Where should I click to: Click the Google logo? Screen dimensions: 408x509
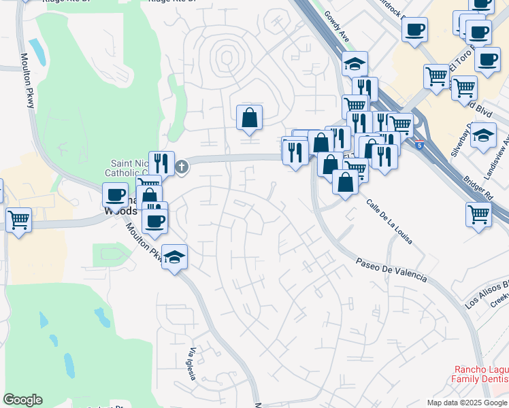point(23,400)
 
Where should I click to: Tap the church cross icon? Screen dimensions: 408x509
point(182,167)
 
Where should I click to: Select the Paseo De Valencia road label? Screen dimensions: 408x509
point(393,269)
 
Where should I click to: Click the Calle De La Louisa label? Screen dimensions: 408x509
point(389,222)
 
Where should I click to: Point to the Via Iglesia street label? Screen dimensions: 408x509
point(193,364)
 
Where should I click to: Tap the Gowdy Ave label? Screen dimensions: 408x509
point(337,27)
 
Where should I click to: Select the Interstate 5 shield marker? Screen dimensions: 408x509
point(419,144)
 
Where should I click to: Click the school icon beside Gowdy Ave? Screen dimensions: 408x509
point(354,65)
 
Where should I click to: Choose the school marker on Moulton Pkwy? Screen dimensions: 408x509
point(175,257)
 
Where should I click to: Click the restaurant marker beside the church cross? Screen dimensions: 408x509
point(161,163)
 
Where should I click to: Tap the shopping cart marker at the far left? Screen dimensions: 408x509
point(18,220)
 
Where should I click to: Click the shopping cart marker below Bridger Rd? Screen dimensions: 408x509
point(479,214)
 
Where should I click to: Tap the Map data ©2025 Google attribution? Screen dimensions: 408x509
point(467,403)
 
